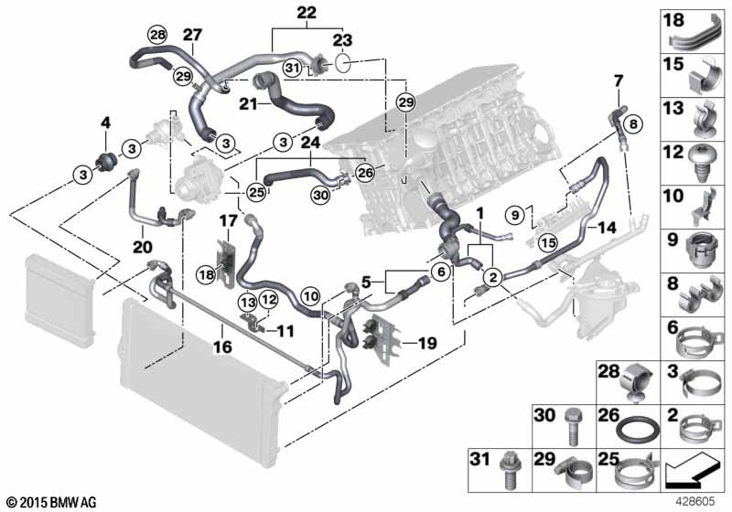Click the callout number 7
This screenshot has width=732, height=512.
point(617,80)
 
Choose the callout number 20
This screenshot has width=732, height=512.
point(142,246)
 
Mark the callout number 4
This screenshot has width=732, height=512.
point(105,123)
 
